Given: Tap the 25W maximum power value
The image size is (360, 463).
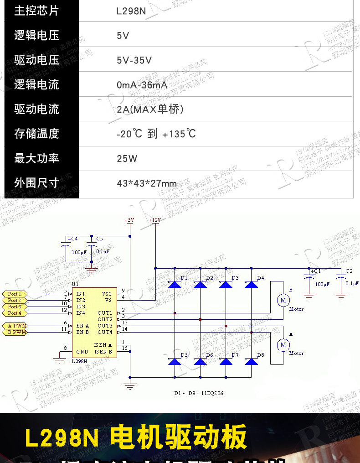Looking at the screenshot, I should point(127,159).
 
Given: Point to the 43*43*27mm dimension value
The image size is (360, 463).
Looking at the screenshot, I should point(146,183).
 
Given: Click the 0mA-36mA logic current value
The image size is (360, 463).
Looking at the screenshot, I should point(142,85).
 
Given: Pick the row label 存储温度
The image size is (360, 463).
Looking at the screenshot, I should point(36,134).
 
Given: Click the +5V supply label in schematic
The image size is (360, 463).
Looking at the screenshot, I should point(129,220).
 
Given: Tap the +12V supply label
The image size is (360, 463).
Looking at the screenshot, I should point(155,220).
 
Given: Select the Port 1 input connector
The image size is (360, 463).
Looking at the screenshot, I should point(14,294).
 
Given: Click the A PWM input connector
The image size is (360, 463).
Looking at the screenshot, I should point(14,326).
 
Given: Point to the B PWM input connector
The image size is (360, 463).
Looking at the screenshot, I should point(14,333).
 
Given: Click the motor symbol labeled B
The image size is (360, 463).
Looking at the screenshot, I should point(283,300).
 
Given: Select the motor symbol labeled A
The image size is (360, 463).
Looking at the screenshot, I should point(283,345).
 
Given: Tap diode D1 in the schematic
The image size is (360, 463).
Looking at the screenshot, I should point(175,284).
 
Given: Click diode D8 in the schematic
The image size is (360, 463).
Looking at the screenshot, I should point(251,361).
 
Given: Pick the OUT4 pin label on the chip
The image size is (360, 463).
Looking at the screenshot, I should point(104,332).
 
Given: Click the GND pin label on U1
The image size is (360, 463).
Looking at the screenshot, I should point(82,352).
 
